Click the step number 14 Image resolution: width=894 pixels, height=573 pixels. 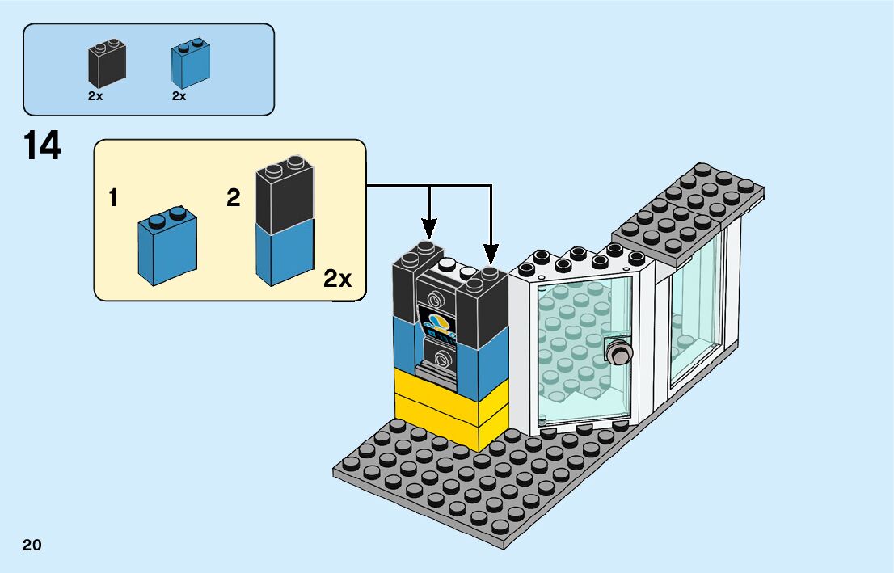tap(42, 147)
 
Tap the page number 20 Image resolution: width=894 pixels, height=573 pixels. tap(32, 545)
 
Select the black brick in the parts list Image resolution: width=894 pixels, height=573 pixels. tap(106, 65)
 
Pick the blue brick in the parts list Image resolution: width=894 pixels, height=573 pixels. tap(190, 64)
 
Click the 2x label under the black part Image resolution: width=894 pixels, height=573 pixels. tap(95, 95)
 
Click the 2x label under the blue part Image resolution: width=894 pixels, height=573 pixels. tap(179, 95)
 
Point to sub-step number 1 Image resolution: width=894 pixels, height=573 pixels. tap(114, 198)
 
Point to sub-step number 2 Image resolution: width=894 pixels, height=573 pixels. tap(234, 198)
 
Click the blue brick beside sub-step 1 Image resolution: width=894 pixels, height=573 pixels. tap(167, 246)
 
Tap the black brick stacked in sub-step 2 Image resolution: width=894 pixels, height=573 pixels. tap(285, 199)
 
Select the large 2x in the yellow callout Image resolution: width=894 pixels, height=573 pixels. tap(338, 280)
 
